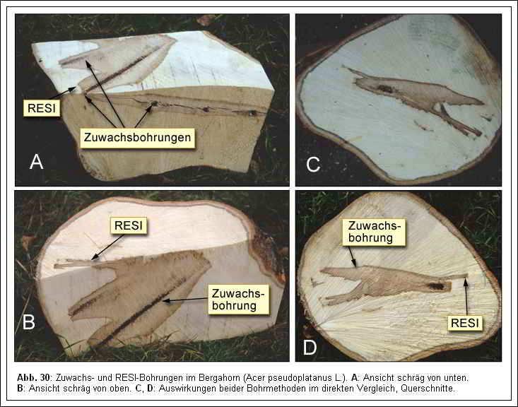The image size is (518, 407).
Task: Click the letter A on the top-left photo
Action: coord(36,163)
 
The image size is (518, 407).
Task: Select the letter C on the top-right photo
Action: coord(313,165)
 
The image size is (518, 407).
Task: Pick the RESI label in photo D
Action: coord(464,323)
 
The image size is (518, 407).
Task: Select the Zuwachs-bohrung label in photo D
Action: coord(374,231)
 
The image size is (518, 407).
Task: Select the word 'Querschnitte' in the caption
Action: coord(431,388)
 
